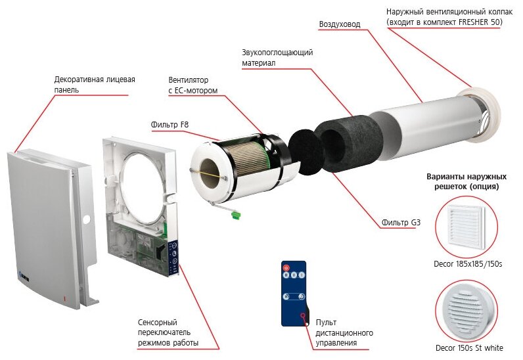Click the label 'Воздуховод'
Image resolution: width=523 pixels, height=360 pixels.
tap(339, 24)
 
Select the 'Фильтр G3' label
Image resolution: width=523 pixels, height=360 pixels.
tap(401, 223)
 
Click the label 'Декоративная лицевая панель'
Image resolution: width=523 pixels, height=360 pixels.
tap(95, 84)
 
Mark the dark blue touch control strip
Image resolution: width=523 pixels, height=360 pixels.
tap(175, 258)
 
